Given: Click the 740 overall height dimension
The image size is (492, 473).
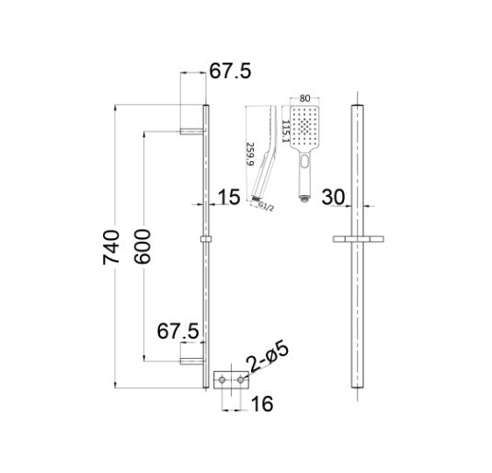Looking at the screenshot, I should pos(111,248).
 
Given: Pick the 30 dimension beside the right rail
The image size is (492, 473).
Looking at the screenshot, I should pos(335,197).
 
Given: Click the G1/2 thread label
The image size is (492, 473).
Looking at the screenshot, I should pos(266,208).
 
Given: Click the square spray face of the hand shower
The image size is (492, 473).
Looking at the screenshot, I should pos(305,126).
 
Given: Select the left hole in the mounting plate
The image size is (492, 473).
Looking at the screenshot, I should pos(222,378).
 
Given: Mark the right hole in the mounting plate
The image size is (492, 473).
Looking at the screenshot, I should pos(241,378).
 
